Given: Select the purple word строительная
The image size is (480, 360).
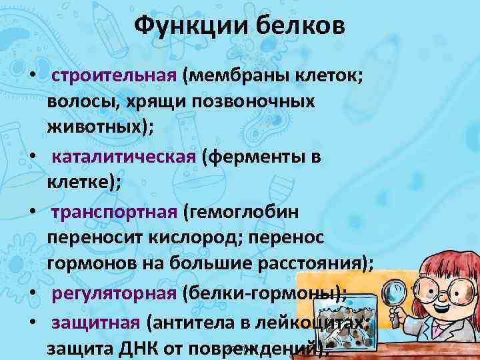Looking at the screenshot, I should pos(113,75).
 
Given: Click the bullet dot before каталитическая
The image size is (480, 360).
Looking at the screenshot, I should pos(31,158).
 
